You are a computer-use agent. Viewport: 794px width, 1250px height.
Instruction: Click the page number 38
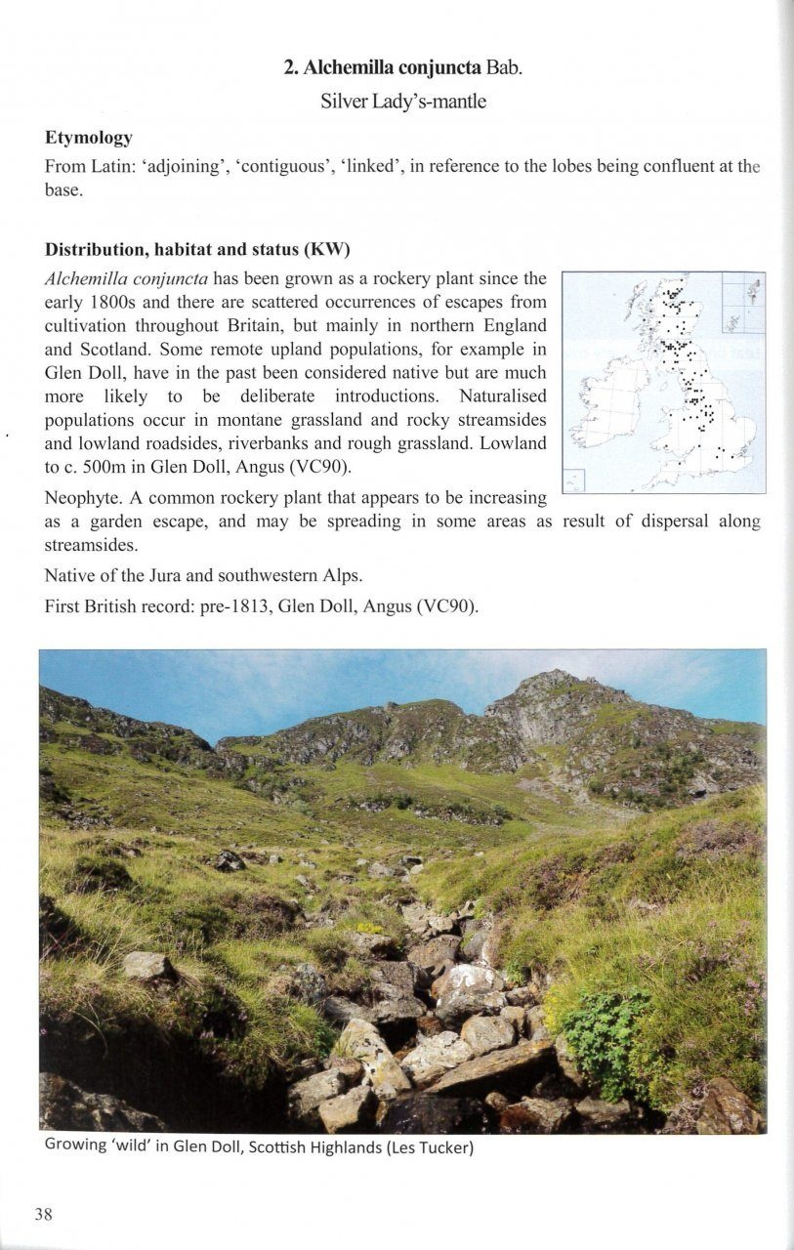pos(44,1214)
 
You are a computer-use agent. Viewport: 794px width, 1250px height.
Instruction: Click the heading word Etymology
pos(89,138)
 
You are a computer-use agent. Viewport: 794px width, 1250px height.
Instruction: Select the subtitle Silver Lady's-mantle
pos(402,102)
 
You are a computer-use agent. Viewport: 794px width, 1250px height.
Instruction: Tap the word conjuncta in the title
pos(439,67)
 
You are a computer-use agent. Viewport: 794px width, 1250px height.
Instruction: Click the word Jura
pos(172,576)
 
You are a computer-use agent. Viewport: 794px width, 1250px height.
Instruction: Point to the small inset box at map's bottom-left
pos(574,479)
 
